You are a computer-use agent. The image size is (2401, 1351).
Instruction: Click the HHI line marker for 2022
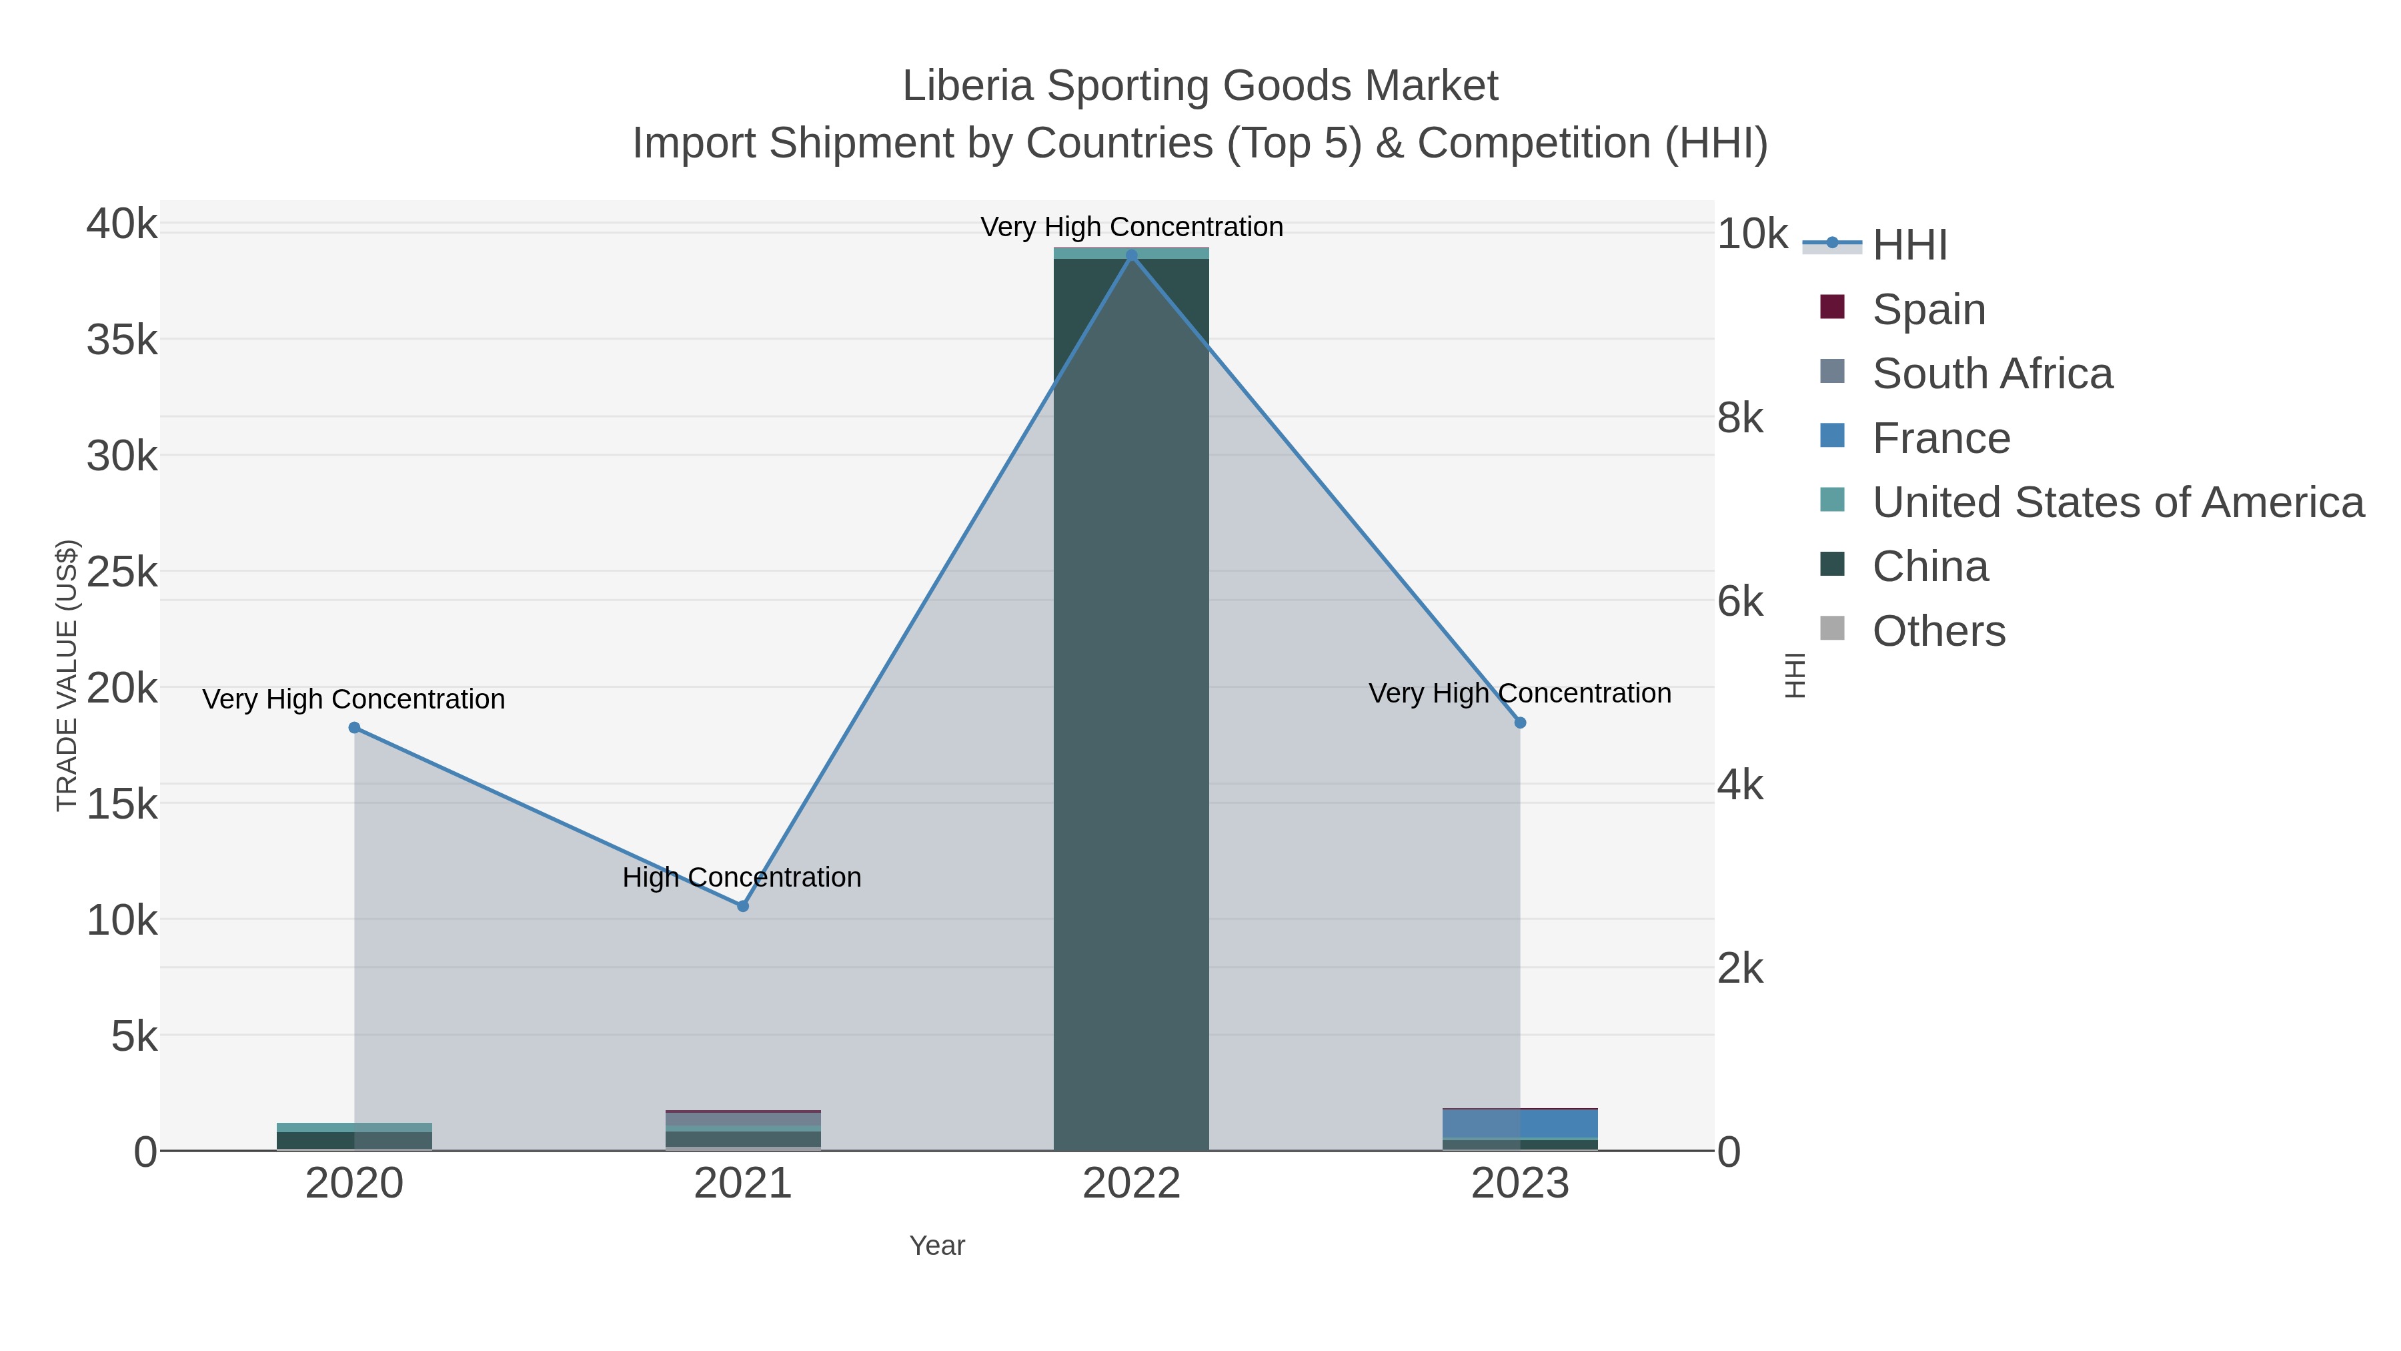[x=1132, y=255]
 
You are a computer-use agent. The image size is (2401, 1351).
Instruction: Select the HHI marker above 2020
[x=354, y=727]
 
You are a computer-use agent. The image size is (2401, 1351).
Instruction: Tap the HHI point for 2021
[x=743, y=905]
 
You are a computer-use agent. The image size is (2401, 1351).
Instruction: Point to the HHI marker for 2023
[x=1520, y=723]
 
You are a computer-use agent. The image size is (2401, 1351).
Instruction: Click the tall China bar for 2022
[x=1132, y=699]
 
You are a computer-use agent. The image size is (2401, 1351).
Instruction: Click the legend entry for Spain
[x=1928, y=309]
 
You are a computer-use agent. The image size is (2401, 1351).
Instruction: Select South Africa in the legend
[x=1991, y=373]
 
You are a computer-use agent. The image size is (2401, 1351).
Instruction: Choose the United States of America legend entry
[x=2117, y=502]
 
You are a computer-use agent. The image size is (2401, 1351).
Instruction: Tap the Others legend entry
[x=1939, y=630]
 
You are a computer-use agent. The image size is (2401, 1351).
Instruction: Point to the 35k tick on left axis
[x=122, y=340]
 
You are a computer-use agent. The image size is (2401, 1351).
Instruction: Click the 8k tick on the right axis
[x=1740, y=418]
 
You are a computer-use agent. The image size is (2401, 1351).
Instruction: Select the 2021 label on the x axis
[x=743, y=1183]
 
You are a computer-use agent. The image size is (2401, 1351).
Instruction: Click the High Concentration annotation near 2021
[x=742, y=877]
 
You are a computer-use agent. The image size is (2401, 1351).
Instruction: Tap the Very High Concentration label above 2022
[x=1132, y=227]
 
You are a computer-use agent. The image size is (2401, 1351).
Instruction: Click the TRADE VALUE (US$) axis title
[x=67, y=675]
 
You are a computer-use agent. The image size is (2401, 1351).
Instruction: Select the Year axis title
[x=937, y=1245]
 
